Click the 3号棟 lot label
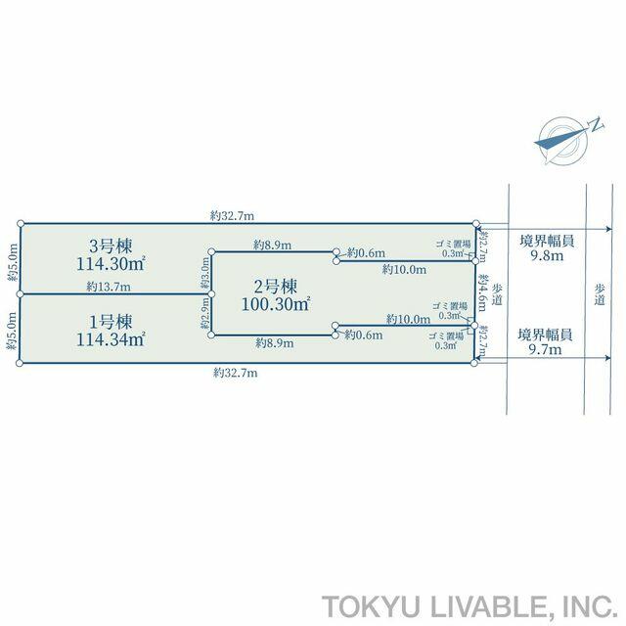click(x=111, y=246)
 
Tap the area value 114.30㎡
click(x=111, y=264)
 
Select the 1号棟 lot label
click(x=111, y=322)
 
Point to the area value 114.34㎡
click(x=111, y=339)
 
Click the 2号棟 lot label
click(x=276, y=287)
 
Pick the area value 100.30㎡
click(x=276, y=304)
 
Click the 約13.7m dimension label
click(x=109, y=287)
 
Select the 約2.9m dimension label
click(x=204, y=314)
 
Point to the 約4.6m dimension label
click(x=482, y=292)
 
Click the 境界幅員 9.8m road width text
click(x=547, y=248)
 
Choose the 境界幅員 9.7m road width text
click(x=545, y=342)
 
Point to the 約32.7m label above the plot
click(x=232, y=216)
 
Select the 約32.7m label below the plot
click(x=235, y=373)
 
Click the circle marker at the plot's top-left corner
click(x=21, y=223)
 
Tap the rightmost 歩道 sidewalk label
click(x=600, y=294)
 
